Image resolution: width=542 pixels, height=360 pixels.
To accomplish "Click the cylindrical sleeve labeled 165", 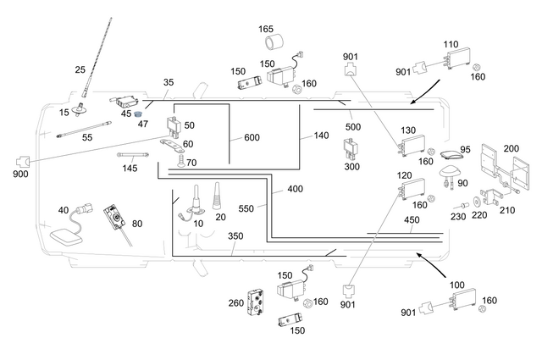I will click(x=274, y=45).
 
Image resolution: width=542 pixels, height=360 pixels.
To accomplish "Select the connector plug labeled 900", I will click(x=23, y=160).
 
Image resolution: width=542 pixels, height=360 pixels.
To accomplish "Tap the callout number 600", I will click(x=252, y=137).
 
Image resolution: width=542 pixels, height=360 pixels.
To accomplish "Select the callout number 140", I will click(x=320, y=135).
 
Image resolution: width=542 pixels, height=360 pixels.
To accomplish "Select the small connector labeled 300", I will click(x=349, y=149).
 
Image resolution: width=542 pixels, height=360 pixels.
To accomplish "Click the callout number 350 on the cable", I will click(x=235, y=237).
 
